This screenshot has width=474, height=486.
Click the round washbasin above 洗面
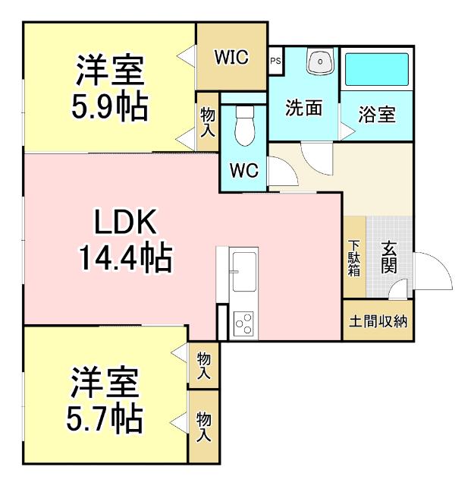click(x=320, y=62)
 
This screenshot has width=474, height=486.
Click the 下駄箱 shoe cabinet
click(x=354, y=258)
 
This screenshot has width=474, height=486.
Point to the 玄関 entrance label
click(x=389, y=257)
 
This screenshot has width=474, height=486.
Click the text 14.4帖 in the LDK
click(x=124, y=259)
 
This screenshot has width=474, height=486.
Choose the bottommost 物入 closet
click(x=203, y=426)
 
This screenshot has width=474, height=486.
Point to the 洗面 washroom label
click(x=303, y=108)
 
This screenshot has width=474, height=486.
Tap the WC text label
click(x=243, y=171)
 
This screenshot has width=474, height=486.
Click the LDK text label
click(x=124, y=222)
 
